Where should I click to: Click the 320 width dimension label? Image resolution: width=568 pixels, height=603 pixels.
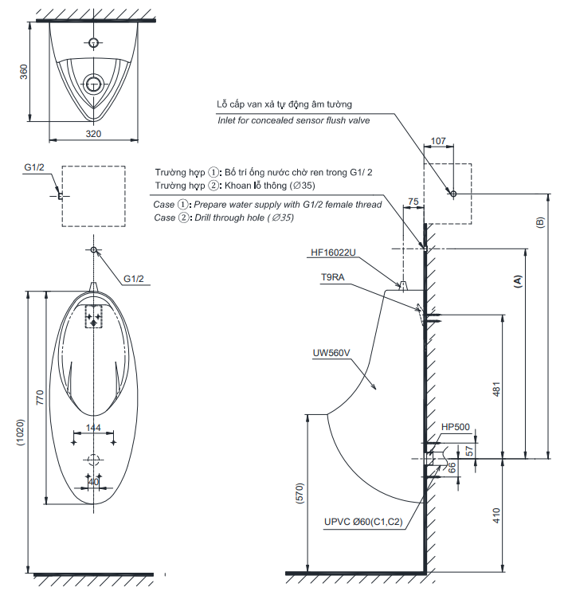[x=93, y=134]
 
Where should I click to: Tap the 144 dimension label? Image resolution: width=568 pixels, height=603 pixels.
[x=94, y=428]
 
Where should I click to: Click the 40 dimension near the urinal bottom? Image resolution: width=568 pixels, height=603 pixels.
[x=94, y=481]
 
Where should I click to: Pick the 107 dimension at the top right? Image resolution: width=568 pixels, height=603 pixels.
[x=438, y=141]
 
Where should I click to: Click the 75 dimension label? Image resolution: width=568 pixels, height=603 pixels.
[x=412, y=202]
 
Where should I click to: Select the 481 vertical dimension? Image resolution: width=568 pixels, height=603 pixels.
[x=495, y=389]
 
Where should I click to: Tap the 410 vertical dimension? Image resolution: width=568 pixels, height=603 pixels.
[x=495, y=515]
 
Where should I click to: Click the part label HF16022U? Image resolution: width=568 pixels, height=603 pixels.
[x=333, y=253]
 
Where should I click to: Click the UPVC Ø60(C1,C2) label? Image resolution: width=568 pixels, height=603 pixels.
[x=363, y=523]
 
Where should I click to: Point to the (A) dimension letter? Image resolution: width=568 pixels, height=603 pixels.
[x=517, y=281]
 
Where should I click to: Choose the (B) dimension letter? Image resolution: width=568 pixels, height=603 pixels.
[x=540, y=222]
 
